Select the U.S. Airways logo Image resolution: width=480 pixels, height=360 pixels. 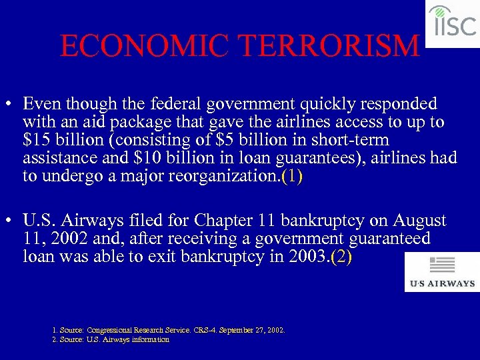coord(442,272)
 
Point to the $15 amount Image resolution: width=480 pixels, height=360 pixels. coord(35,141)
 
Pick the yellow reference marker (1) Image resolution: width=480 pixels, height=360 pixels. coord(292,177)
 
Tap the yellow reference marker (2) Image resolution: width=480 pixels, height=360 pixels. coord(340,257)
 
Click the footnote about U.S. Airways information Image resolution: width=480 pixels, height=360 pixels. coord(111,339)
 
